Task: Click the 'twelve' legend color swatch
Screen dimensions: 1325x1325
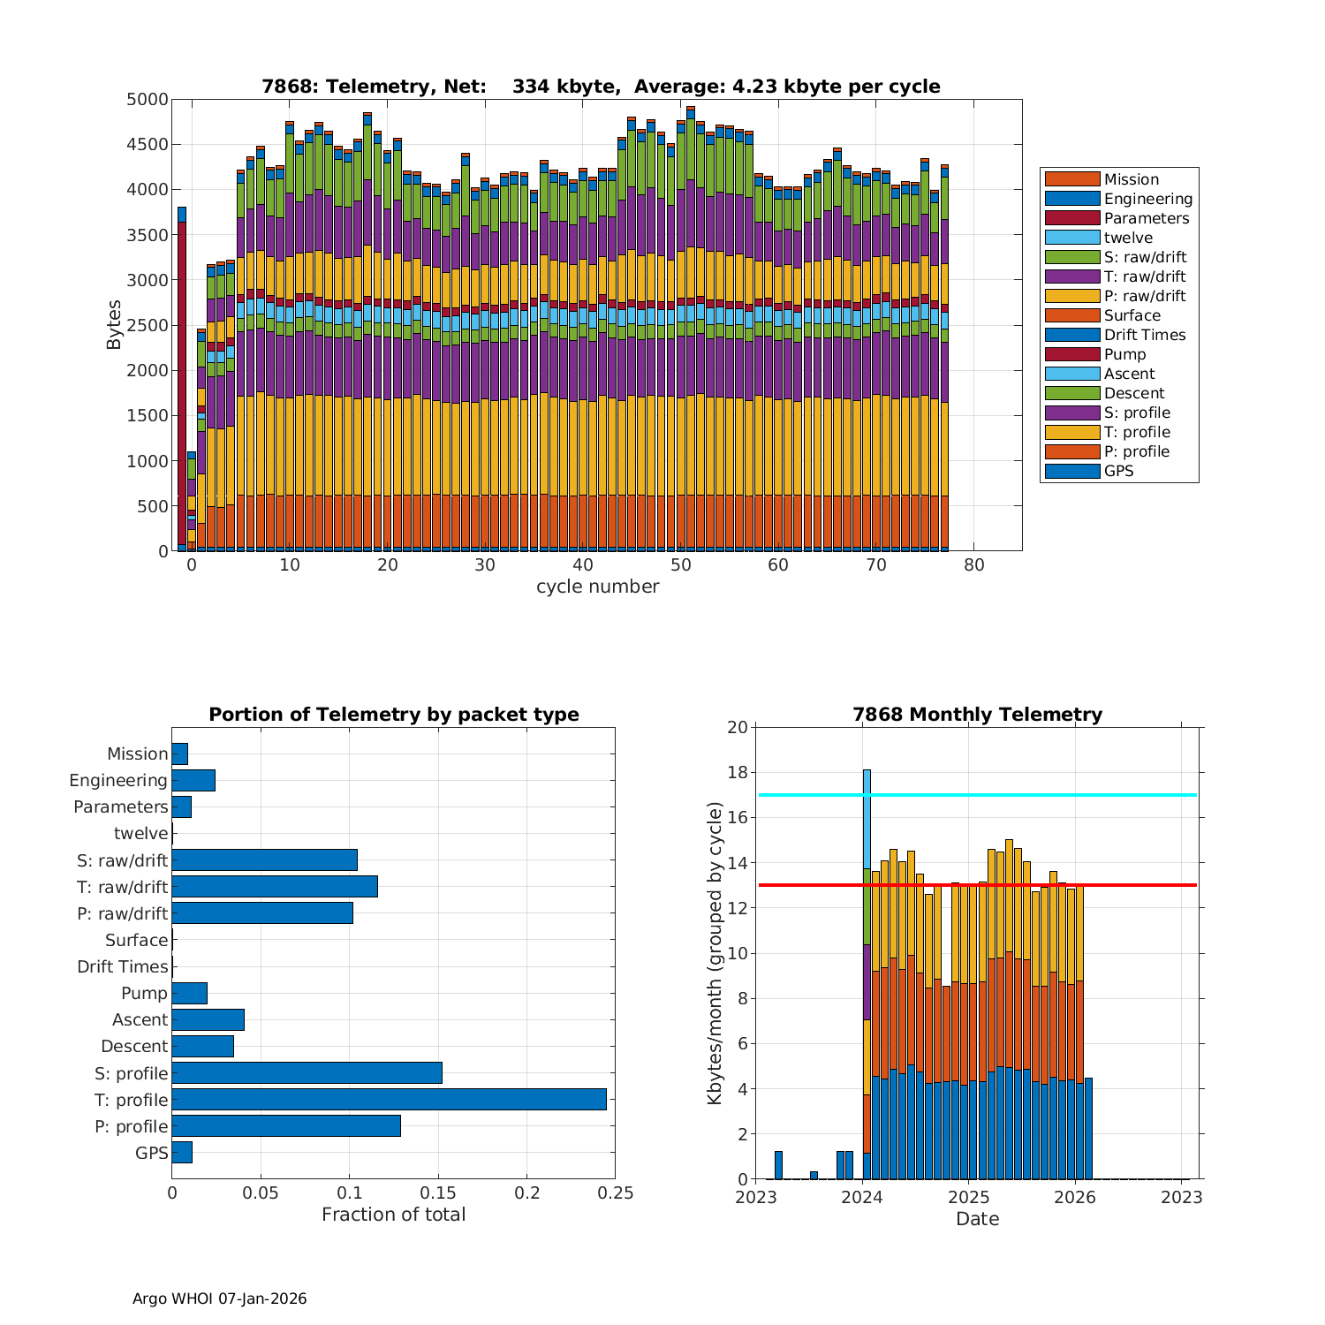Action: (1072, 238)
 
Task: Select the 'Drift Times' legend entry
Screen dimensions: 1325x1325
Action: (1144, 335)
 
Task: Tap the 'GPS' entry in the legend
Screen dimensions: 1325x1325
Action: (1118, 471)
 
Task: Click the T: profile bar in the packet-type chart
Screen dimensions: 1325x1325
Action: (389, 1099)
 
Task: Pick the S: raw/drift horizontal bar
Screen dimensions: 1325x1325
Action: (265, 859)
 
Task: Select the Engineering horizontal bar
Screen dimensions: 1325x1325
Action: (193, 780)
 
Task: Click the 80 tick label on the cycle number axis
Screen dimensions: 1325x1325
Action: (973, 565)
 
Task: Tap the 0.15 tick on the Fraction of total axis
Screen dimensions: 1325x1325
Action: (438, 1193)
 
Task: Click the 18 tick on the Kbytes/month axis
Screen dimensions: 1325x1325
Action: (738, 773)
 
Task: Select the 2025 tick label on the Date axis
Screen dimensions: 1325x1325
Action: (969, 1197)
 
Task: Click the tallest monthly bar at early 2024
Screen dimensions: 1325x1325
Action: (867, 883)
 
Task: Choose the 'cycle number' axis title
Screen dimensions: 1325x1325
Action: (597, 587)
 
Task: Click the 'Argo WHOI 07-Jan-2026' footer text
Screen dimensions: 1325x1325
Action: (219, 1298)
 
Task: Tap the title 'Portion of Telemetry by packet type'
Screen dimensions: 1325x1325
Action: (394, 715)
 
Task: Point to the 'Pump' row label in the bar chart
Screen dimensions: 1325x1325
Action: (144, 993)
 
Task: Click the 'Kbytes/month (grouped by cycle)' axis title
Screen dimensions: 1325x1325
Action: (715, 952)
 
